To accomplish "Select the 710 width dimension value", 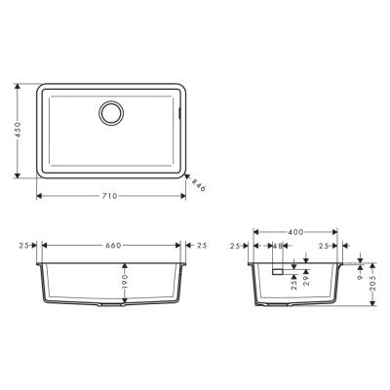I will (109, 196).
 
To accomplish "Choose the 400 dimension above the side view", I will (295, 232).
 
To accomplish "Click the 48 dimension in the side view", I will (278, 247).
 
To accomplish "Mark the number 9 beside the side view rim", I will (359, 276).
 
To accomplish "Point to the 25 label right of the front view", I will (201, 246).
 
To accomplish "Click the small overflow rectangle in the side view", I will (277, 273).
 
